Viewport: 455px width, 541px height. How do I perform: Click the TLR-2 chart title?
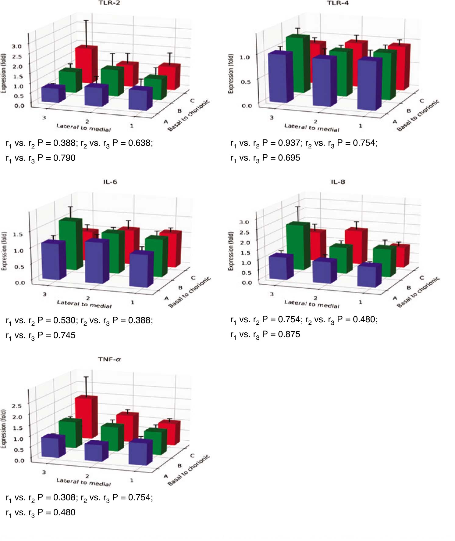point(109,3)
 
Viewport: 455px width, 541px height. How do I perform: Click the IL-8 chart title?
point(338,182)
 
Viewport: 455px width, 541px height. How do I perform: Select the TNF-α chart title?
point(109,359)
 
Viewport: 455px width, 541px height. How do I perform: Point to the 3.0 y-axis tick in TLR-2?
point(16,46)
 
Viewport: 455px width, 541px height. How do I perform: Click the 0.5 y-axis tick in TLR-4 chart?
point(245,82)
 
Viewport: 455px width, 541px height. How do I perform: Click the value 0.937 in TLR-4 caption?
point(289,143)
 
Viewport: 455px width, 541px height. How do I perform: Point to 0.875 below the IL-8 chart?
point(289,334)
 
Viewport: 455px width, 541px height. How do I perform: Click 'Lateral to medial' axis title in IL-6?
point(84,304)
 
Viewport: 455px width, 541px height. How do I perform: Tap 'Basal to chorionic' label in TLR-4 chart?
point(418,115)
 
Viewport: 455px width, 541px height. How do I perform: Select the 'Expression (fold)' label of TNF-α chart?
point(3,428)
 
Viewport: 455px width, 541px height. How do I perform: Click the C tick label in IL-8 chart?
point(422,278)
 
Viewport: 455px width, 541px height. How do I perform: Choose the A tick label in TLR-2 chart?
point(166,122)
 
